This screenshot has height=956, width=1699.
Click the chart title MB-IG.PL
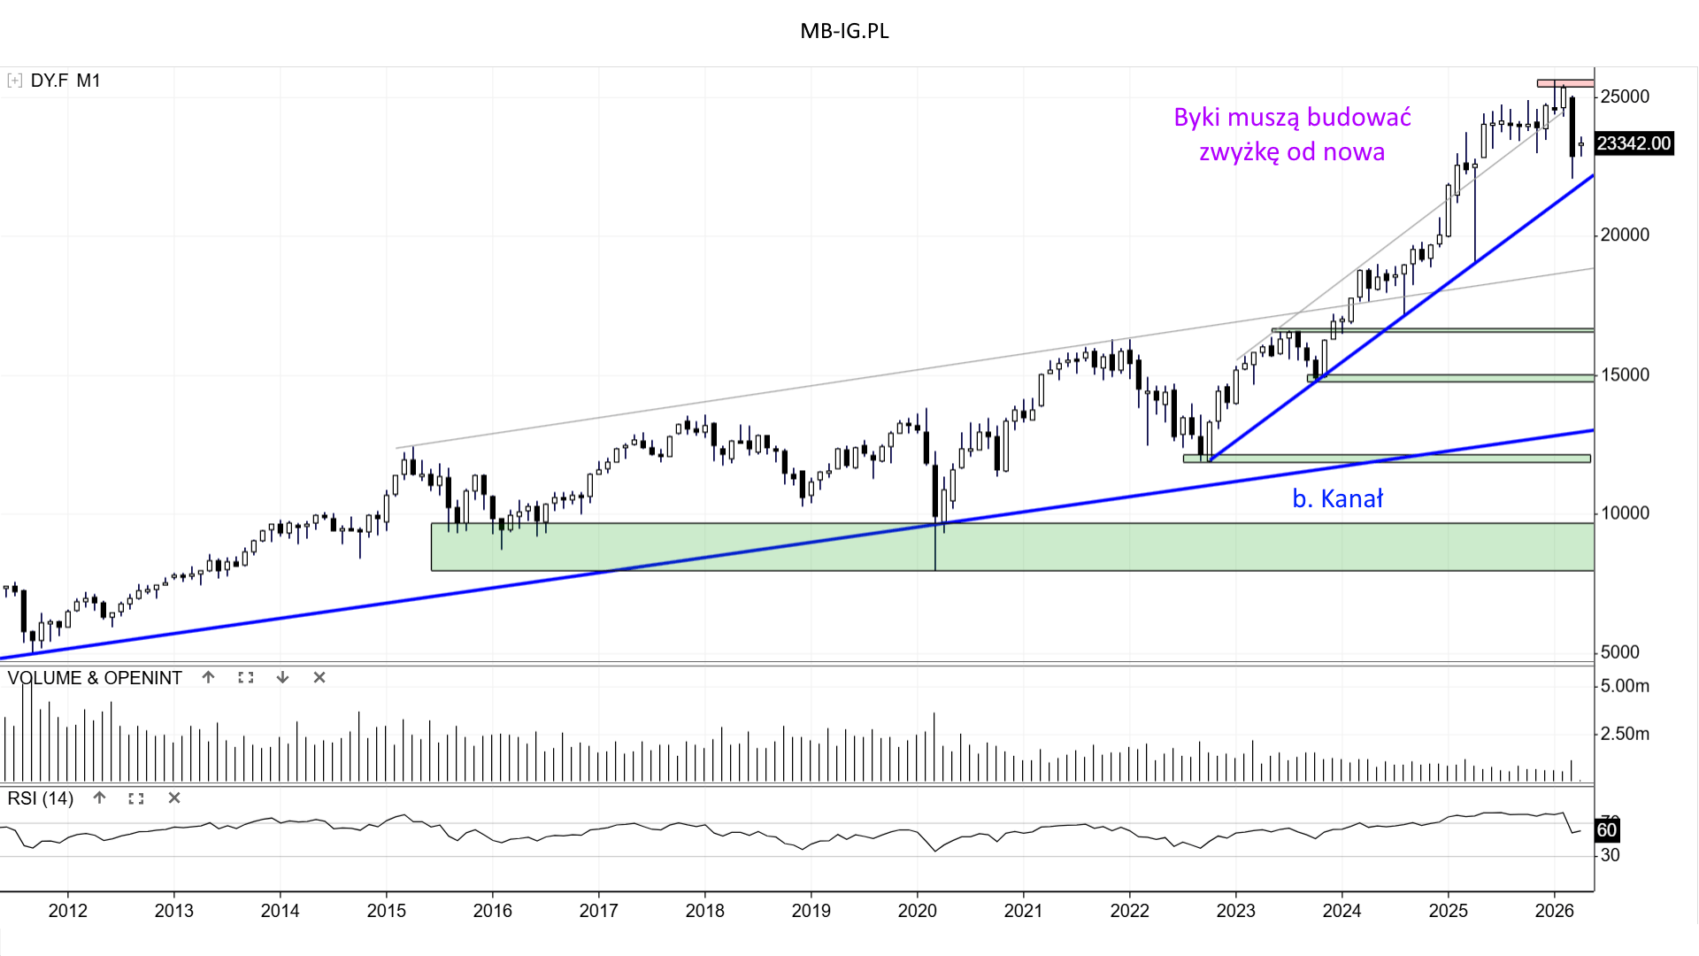pos(844,31)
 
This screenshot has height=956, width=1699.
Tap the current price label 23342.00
pos(1634,143)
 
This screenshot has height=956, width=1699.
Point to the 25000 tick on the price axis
pos(1625,96)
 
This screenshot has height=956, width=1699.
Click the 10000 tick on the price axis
pos(1625,513)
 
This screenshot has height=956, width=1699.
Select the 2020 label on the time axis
pos(917,911)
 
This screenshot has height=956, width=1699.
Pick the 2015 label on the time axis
pos(386,911)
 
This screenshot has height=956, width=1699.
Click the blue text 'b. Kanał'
pos(1337,499)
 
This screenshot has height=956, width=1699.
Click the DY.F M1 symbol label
pos(65,81)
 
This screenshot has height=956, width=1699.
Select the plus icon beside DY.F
pos(14,81)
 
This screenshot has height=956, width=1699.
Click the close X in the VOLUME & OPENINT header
pos(319,677)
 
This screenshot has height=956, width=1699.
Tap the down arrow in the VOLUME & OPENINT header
pos(282,677)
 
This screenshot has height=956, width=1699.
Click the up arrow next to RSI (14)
pos(99,798)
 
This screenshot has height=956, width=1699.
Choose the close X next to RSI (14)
pos(174,798)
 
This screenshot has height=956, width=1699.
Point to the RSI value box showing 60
pos(1606,830)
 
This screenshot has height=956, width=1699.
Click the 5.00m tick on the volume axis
pos(1625,686)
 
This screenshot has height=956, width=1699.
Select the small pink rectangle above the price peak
pos(1564,83)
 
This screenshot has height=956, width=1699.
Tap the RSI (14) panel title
pos(41,798)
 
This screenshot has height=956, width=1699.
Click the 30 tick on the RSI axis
pos(1611,855)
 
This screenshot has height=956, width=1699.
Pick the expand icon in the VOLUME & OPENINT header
pos(246,677)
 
